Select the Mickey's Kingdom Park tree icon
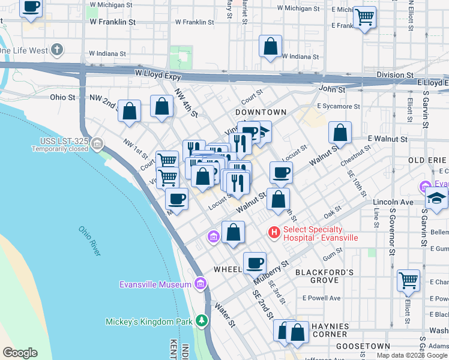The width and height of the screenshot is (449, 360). click(x=203, y=322)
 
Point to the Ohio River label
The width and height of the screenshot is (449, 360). click(x=89, y=241)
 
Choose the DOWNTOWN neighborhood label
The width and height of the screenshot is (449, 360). click(x=261, y=112)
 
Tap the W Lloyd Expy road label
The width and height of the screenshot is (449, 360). click(x=158, y=73)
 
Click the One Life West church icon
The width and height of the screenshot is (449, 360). click(x=57, y=49)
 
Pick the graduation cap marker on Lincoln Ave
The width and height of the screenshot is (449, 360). click(x=436, y=199)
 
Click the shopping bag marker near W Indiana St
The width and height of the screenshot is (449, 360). click(x=271, y=46)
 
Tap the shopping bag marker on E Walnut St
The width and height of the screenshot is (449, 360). click(x=340, y=134)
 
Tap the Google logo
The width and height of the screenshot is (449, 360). click(x=20, y=353)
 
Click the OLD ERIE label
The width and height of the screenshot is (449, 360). click(x=428, y=160)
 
